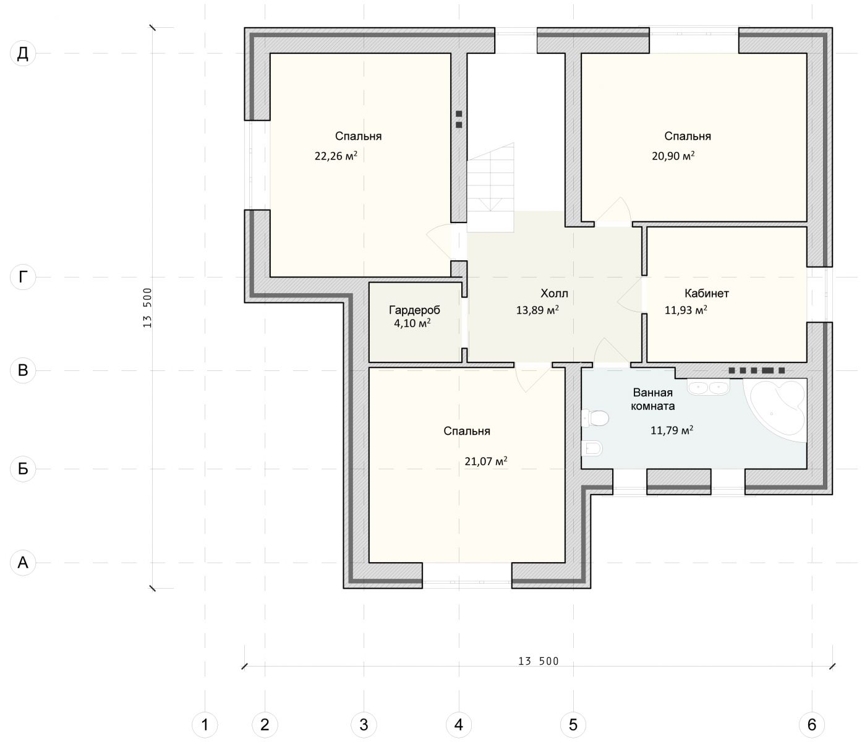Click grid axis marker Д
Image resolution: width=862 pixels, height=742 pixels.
tap(23, 53)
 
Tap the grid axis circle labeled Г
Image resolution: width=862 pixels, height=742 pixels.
tap(23, 277)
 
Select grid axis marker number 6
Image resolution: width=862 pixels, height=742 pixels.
tap(811, 725)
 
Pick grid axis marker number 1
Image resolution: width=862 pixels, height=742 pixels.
tap(205, 725)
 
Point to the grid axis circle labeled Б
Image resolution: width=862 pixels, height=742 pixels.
tap(23, 469)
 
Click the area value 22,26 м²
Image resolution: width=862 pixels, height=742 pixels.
tap(336, 156)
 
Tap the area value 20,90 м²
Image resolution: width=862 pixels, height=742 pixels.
tap(673, 156)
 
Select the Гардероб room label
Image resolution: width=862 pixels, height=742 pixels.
tap(414, 310)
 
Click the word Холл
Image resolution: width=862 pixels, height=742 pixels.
tap(554, 294)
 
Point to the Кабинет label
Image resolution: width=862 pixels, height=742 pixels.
tap(706, 294)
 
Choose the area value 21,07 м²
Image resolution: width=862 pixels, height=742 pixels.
tap(486, 461)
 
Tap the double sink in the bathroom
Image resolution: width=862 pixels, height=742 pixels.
tap(708, 387)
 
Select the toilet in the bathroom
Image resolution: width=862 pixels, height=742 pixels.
tap(595, 419)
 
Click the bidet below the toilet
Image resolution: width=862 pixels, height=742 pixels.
tap(592, 448)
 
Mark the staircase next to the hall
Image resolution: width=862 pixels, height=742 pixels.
tap(490, 187)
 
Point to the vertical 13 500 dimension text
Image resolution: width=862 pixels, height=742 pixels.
tap(148, 307)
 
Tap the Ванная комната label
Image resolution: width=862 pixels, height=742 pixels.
tap(652, 399)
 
